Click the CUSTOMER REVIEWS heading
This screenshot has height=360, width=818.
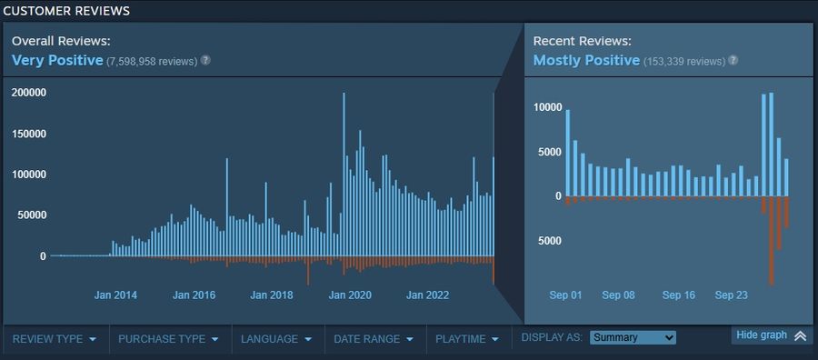[66, 11]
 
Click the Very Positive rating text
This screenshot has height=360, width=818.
[57, 60]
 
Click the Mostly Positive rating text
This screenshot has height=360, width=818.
[586, 60]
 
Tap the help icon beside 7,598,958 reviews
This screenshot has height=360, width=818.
[205, 60]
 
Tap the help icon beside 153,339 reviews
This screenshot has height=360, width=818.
[733, 60]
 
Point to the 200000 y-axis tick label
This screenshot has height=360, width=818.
[29, 93]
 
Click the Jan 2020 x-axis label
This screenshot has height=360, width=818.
[350, 295]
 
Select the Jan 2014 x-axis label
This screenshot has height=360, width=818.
[116, 295]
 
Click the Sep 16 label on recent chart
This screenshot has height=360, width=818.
[679, 295]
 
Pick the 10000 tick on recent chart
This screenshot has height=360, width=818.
[548, 107]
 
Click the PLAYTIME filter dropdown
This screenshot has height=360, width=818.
[467, 339]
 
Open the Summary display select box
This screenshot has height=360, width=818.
[633, 337]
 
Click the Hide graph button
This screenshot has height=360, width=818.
[771, 335]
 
